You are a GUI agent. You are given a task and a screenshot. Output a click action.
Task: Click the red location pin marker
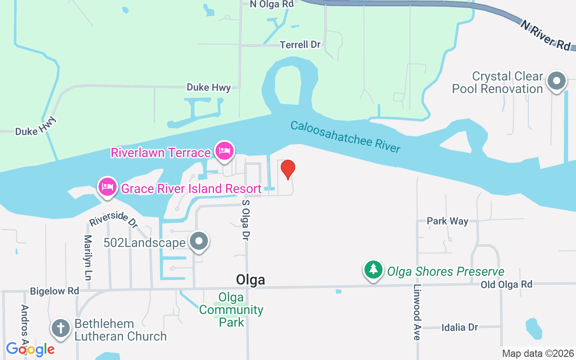(x=288, y=169)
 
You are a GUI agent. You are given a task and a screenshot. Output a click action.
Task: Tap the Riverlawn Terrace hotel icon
(x=224, y=151)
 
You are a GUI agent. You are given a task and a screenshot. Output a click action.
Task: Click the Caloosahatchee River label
(x=345, y=137)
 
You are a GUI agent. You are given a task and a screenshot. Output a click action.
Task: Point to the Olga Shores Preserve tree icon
(x=373, y=270)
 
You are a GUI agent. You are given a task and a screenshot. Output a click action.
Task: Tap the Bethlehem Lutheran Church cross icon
(x=60, y=328)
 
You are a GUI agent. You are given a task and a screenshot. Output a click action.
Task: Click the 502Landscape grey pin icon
(x=198, y=242)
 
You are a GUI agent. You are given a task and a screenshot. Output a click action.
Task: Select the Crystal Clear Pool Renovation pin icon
(x=556, y=81)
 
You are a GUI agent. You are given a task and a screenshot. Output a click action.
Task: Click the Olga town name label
(x=250, y=280)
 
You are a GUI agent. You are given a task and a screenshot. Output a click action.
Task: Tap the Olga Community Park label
(x=231, y=310)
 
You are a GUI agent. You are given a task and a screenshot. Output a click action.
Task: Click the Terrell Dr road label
(x=300, y=45)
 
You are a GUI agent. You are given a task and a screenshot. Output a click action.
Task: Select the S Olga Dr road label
(x=246, y=220)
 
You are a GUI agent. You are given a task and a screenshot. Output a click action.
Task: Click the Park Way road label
(x=447, y=221)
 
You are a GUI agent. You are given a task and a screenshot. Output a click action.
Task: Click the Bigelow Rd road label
(x=54, y=291)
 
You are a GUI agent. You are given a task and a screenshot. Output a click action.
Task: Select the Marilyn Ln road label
(x=88, y=258)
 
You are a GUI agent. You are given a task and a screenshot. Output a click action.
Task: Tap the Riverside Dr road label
(x=113, y=219)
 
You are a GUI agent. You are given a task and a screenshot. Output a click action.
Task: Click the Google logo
(x=30, y=349)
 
